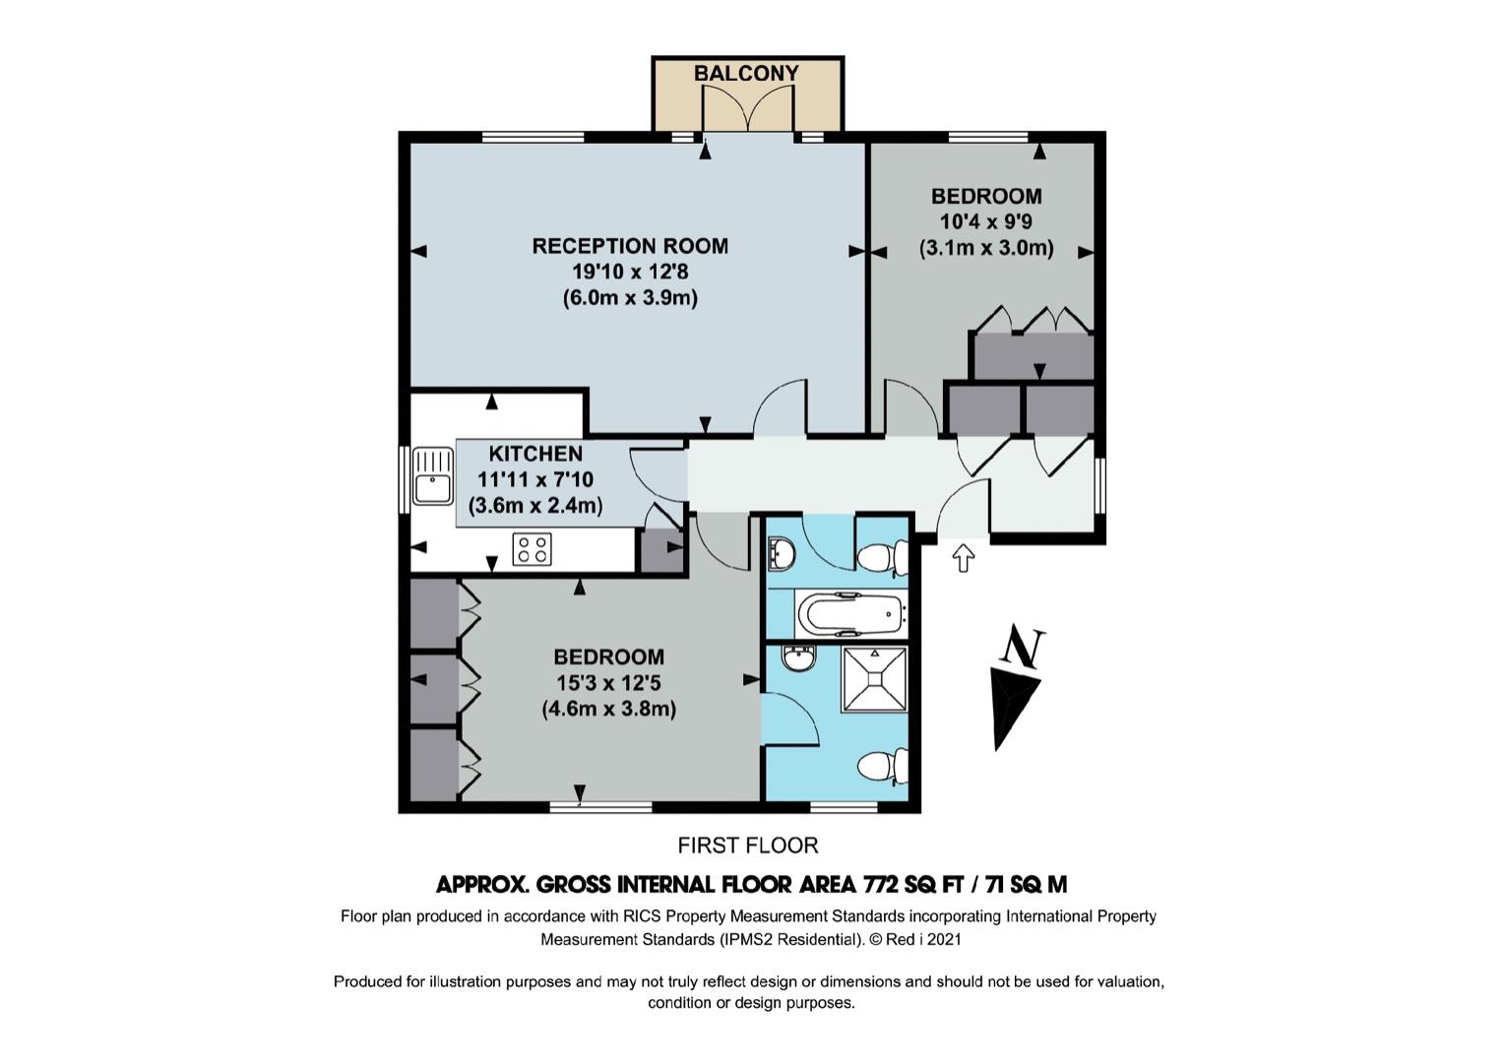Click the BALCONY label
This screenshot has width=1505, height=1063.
click(x=746, y=73)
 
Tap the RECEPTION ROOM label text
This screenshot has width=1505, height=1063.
click(x=630, y=246)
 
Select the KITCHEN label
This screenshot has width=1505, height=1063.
click(x=535, y=454)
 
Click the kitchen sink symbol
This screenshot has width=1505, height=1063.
click(x=433, y=475)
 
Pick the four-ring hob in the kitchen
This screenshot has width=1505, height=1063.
click(x=533, y=548)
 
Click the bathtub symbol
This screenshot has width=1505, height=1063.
click(x=849, y=614)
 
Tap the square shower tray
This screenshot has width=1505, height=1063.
click(x=874, y=679)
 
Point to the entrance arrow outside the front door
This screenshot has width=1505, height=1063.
click(x=964, y=558)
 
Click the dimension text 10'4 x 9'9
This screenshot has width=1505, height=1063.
click(x=985, y=221)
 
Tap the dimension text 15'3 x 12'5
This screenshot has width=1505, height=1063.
click(x=608, y=683)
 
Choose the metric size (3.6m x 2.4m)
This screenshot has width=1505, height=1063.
click(x=535, y=505)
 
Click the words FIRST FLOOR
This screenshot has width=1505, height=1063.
click(x=748, y=845)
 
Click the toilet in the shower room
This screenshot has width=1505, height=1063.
click(x=884, y=766)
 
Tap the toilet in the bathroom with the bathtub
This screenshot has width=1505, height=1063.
click(x=884, y=557)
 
